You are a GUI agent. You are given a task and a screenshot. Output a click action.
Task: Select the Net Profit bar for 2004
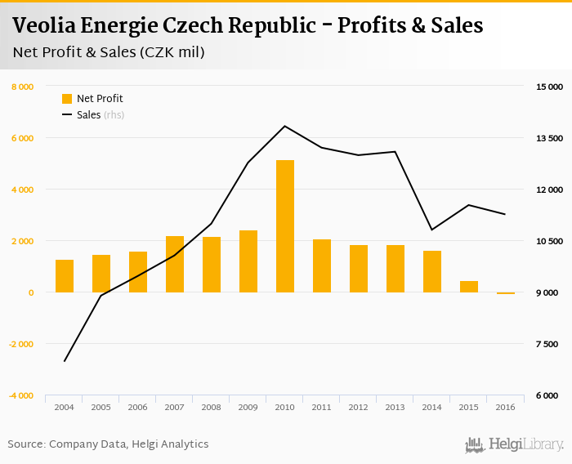pyautogui.click(x=65, y=276)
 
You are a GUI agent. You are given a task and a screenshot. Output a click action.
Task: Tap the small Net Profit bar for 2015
pyautogui.click(x=469, y=287)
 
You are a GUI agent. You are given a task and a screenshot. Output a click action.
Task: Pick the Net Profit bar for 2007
pyautogui.click(x=175, y=264)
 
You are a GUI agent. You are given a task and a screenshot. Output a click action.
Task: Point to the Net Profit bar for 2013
pyautogui.click(x=395, y=269)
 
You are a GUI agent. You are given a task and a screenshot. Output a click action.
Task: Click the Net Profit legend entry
pyautogui.click(x=92, y=99)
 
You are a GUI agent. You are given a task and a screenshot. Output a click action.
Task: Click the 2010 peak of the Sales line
pyautogui.click(x=285, y=126)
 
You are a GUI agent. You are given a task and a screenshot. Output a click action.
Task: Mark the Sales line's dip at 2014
pyautogui.click(x=432, y=230)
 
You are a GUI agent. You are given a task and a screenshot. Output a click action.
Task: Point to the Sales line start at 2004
pyautogui.click(x=65, y=361)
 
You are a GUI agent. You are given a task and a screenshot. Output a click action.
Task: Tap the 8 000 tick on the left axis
pyautogui.click(x=22, y=87)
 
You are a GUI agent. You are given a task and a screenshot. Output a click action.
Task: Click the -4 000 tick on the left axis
pyautogui.click(x=20, y=395)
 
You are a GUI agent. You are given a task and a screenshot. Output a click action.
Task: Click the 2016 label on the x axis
pyautogui.click(x=506, y=407)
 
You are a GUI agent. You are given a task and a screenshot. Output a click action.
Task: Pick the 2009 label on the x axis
pyautogui.click(x=248, y=407)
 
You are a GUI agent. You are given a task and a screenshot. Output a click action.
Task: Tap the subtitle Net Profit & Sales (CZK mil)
pyautogui.click(x=109, y=53)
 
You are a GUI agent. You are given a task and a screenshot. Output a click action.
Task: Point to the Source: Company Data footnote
pyautogui.click(x=108, y=444)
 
